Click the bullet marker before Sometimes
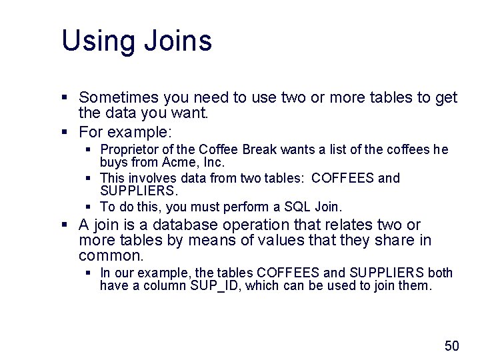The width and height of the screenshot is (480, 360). coord(65,99)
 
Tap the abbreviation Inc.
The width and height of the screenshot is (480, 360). coord(213,162)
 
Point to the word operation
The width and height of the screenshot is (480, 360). coord(265,225)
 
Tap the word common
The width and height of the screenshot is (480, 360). coord(111,255)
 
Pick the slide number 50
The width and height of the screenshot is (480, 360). coord(451,345)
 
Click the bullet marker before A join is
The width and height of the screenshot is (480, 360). coord(65,225)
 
